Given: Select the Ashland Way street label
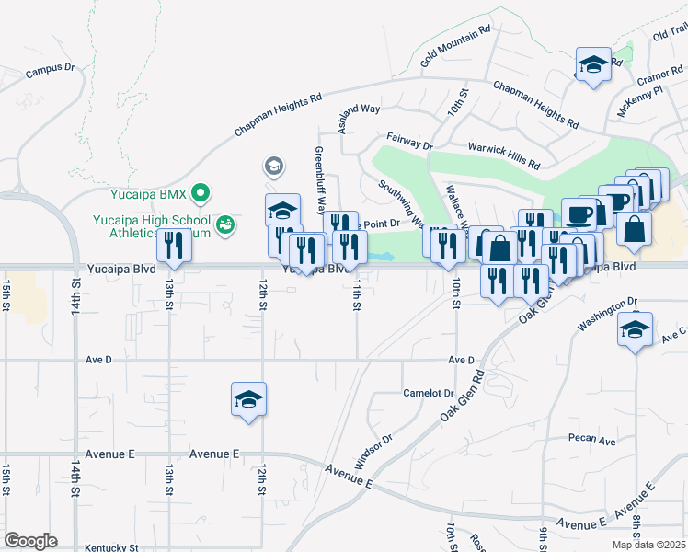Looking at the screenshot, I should click(x=359, y=119).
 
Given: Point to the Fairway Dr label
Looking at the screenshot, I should click(x=409, y=139).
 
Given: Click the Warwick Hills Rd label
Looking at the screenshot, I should click(x=503, y=155).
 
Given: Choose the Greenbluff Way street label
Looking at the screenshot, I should click(x=321, y=178).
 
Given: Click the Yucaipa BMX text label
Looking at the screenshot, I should click(x=147, y=194).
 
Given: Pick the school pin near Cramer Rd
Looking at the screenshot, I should click(x=593, y=65).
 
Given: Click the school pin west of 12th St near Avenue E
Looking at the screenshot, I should click(x=248, y=400).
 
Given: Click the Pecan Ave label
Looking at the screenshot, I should click(x=591, y=440).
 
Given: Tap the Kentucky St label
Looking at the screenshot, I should click(x=110, y=547).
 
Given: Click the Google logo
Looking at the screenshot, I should click(x=30, y=541).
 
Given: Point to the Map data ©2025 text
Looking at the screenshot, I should click(x=648, y=545).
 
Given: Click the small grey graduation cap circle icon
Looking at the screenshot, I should click(x=273, y=167).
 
